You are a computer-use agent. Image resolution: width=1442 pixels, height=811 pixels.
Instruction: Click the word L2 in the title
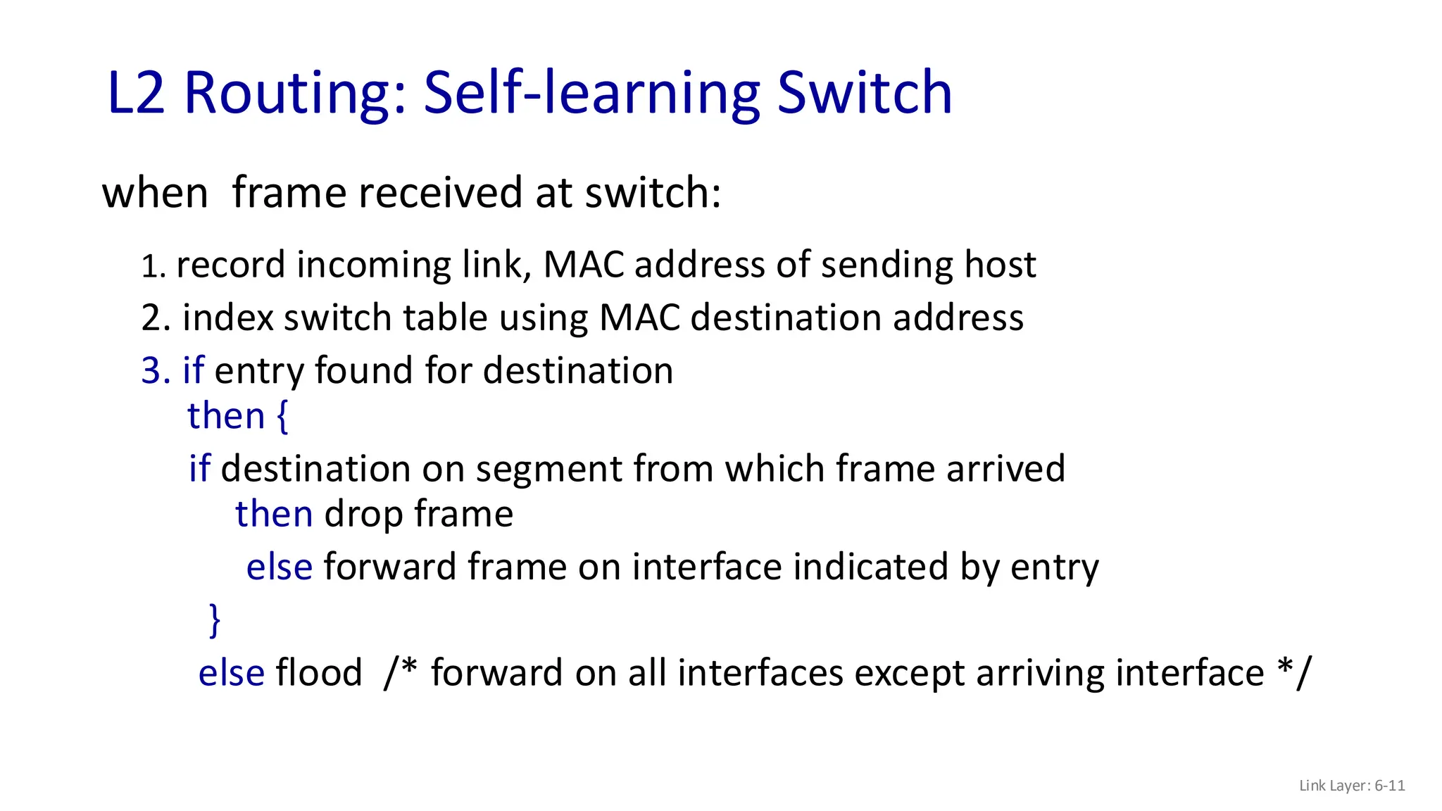(137, 93)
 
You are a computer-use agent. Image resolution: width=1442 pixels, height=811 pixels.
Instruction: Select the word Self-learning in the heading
(592, 93)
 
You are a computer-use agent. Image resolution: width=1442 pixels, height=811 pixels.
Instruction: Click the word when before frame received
(155, 193)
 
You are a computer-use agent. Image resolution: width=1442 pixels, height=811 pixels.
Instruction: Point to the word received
(440, 193)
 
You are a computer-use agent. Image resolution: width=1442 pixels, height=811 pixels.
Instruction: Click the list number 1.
(152, 267)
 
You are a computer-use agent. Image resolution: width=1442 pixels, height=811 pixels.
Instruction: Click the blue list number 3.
(156, 371)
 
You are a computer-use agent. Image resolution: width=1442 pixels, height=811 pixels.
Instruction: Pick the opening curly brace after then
(282, 416)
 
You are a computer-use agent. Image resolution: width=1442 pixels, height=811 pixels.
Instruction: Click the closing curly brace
(215, 620)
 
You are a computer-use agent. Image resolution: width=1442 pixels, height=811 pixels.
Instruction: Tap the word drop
(364, 515)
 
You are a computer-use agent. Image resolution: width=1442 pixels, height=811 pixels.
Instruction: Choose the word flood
(319, 672)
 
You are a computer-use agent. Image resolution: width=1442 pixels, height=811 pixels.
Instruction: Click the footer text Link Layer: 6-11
(1352, 786)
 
